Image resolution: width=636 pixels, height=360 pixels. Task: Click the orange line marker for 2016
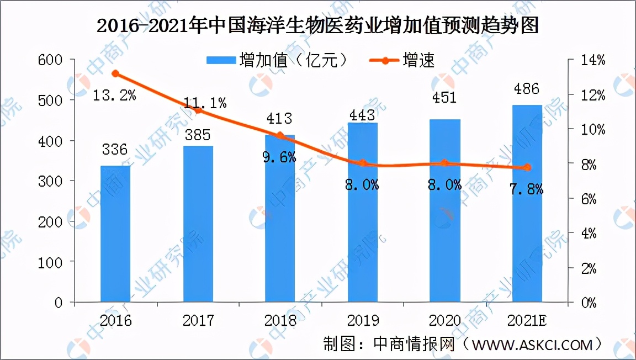click(x=115, y=73)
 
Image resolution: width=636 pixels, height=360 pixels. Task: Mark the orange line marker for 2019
click(x=363, y=163)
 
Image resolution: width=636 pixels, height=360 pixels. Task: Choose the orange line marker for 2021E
click(x=527, y=167)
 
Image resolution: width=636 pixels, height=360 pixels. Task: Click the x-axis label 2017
click(x=198, y=320)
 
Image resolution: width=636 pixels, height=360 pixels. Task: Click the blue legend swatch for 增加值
click(x=220, y=60)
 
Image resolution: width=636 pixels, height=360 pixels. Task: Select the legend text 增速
click(x=418, y=60)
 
